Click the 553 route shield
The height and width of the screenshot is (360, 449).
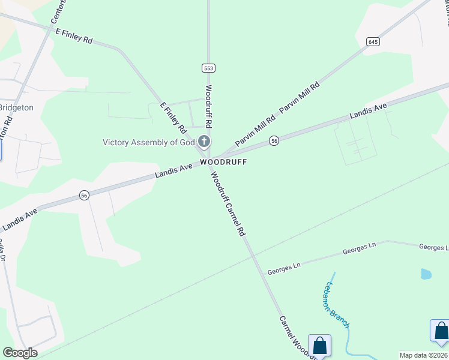tap(208, 68)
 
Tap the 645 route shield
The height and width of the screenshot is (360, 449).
tap(373, 41)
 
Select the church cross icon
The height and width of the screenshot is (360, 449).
tap(204, 142)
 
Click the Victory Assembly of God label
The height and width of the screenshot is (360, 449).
tap(148, 142)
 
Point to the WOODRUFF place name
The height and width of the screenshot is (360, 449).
tap(223, 162)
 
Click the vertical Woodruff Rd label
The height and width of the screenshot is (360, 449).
tap(209, 106)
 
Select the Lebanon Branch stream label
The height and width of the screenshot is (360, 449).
tap(338, 304)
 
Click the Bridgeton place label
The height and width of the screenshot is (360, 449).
tap(16, 107)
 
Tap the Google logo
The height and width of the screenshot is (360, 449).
tap(20, 353)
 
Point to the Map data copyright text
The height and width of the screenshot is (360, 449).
tap(424, 355)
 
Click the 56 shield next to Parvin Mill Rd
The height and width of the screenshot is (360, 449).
tap(274, 140)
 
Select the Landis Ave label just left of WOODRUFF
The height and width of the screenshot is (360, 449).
tap(173, 170)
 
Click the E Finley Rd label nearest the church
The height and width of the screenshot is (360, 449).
tap(173, 118)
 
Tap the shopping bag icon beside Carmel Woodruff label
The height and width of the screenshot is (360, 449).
tap(319, 346)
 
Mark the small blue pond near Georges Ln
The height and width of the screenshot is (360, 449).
tap(426, 274)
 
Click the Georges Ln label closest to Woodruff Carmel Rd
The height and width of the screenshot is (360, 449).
tap(283, 265)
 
